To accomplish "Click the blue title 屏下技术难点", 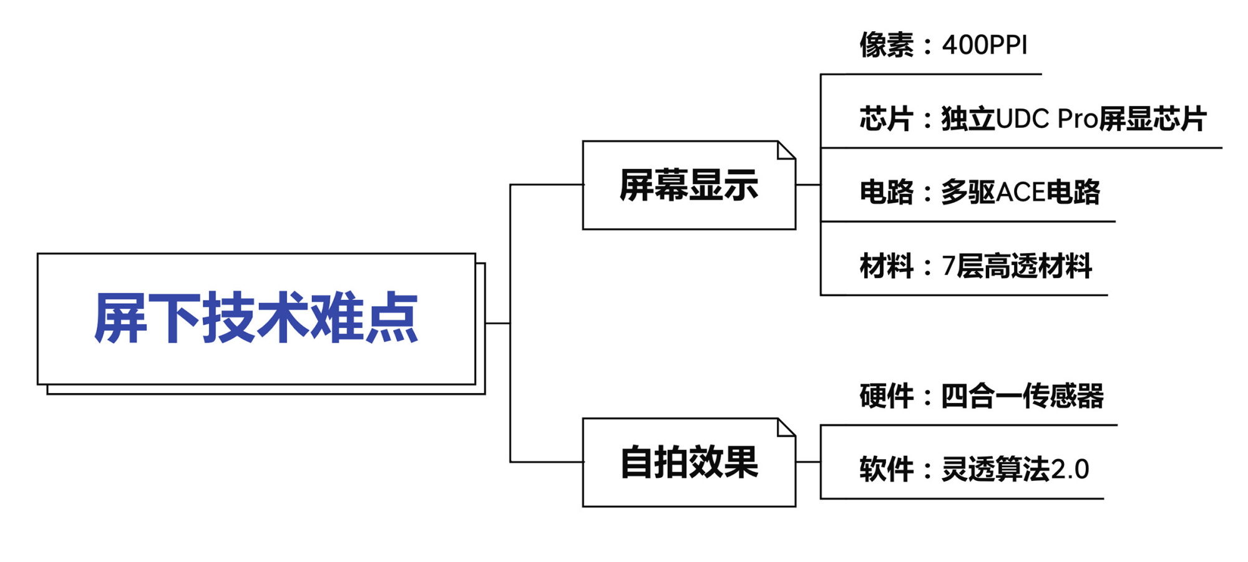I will [x=256, y=318].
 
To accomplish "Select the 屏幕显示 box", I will [x=688, y=185].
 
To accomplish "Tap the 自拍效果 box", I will [x=688, y=462].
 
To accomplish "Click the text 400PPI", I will [x=984, y=46].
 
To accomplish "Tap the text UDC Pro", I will [x=1046, y=119].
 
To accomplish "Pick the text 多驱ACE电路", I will [x=1020, y=192].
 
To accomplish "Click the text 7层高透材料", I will [x=1017, y=266].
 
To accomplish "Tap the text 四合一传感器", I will [x=1022, y=396].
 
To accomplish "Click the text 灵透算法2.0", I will [x=1015, y=470].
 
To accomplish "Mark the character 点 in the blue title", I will [x=391, y=318].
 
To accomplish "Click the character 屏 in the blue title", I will [x=120, y=318].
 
